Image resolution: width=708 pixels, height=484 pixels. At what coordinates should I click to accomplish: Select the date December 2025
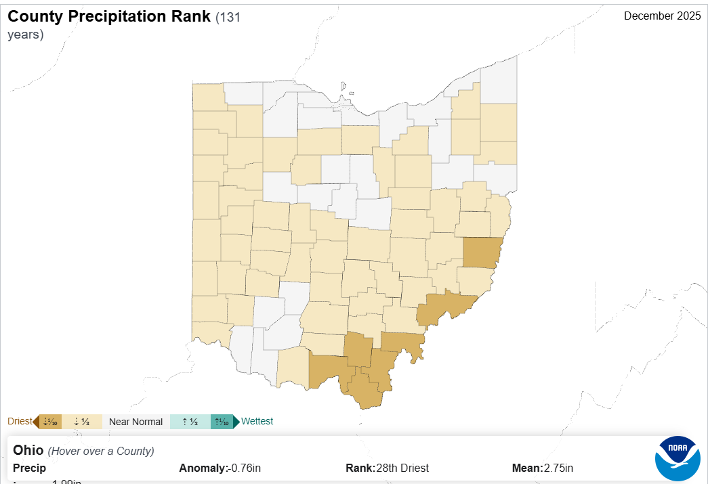click(662, 16)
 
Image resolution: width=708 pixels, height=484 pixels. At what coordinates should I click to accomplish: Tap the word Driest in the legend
click(20, 421)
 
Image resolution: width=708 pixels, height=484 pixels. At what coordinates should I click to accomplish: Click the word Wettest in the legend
click(257, 421)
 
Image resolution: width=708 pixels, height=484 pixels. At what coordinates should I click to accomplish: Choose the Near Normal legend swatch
click(136, 422)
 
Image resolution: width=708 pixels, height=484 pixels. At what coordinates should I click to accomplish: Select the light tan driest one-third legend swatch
click(82, 422)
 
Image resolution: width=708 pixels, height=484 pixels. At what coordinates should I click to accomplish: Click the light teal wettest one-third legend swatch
click(190, 422)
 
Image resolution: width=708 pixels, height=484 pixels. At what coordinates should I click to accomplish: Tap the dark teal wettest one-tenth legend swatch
click(222, 422)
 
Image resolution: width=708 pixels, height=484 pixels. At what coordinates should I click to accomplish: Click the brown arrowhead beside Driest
click(35, 422)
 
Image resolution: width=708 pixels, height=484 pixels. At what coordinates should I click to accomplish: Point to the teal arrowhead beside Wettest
click(236, 422)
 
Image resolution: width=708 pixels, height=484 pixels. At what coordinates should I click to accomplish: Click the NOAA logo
click(678, 459)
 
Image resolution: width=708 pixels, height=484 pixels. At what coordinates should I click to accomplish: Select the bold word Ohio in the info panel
click(28, 450)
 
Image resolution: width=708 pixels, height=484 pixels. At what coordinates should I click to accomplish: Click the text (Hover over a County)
click(101, 451)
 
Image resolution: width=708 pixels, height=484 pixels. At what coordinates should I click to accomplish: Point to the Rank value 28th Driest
click(404, 468)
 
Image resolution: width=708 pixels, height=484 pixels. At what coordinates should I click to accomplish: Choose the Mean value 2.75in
click(558, 468)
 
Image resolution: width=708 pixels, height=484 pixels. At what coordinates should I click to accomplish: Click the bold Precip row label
click(29, 468)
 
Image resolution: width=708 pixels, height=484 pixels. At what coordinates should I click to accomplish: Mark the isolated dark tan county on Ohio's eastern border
click(482, 252)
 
